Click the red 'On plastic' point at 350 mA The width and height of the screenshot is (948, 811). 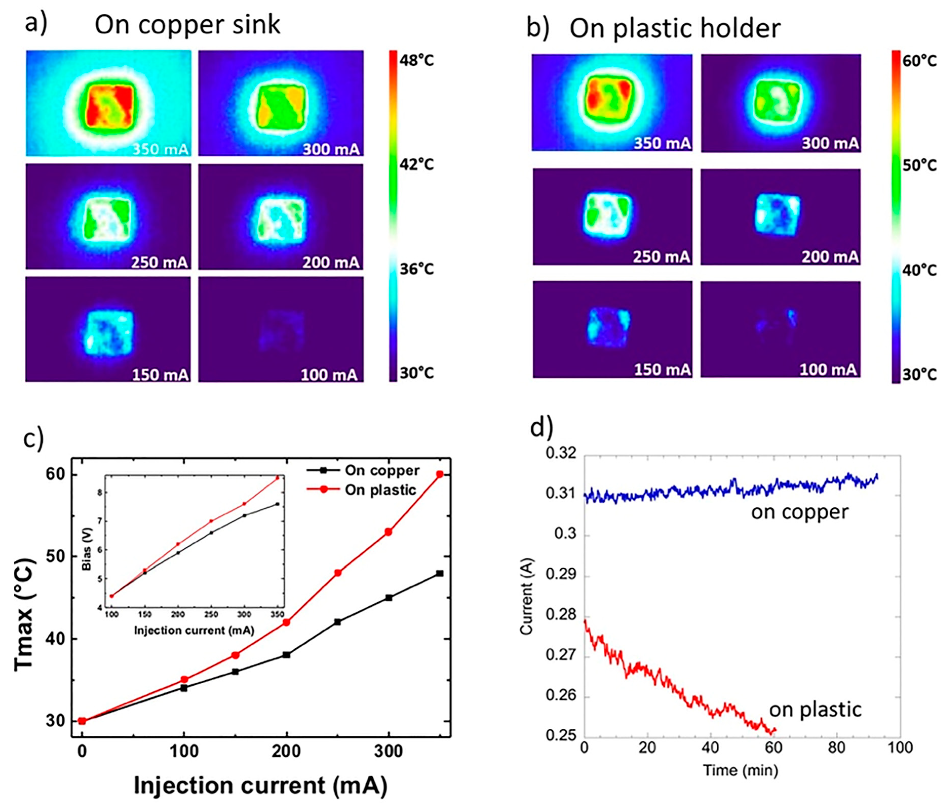[440, 475]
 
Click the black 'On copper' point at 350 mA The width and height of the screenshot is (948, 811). [440, 573]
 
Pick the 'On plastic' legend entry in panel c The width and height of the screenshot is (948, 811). [380, 490]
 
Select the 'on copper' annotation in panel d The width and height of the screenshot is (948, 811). [800, 512]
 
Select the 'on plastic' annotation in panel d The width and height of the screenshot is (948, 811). [815, 710]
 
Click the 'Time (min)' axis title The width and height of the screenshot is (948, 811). [740, 770]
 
